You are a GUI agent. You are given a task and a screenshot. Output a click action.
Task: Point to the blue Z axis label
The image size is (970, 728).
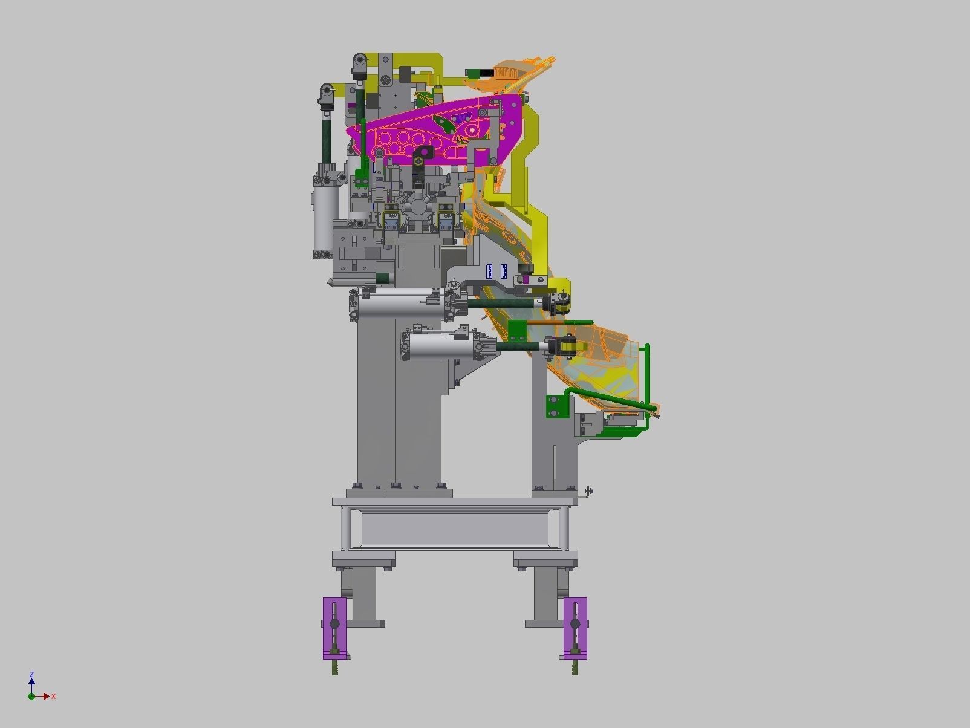pyautogui.click(x=31, y=674)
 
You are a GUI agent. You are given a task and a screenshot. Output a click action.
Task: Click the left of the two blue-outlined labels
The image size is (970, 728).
pyautogui.click(x=490, y=271)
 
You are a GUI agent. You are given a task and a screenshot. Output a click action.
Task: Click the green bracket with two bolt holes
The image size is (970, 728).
pyautogui.click(x=556, y=406)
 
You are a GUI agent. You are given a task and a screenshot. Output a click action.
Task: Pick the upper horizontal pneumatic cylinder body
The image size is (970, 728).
pyautogui.click(x=399, y=305)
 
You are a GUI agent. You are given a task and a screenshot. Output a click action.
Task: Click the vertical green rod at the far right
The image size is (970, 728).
pyautogui.click(x=648, y=375)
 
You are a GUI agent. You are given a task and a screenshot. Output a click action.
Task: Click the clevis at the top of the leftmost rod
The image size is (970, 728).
pyautogui.click(x=327, y=94)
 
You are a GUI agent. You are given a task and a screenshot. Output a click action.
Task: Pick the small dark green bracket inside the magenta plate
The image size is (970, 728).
pyautogui.click(x=446, y=125)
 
